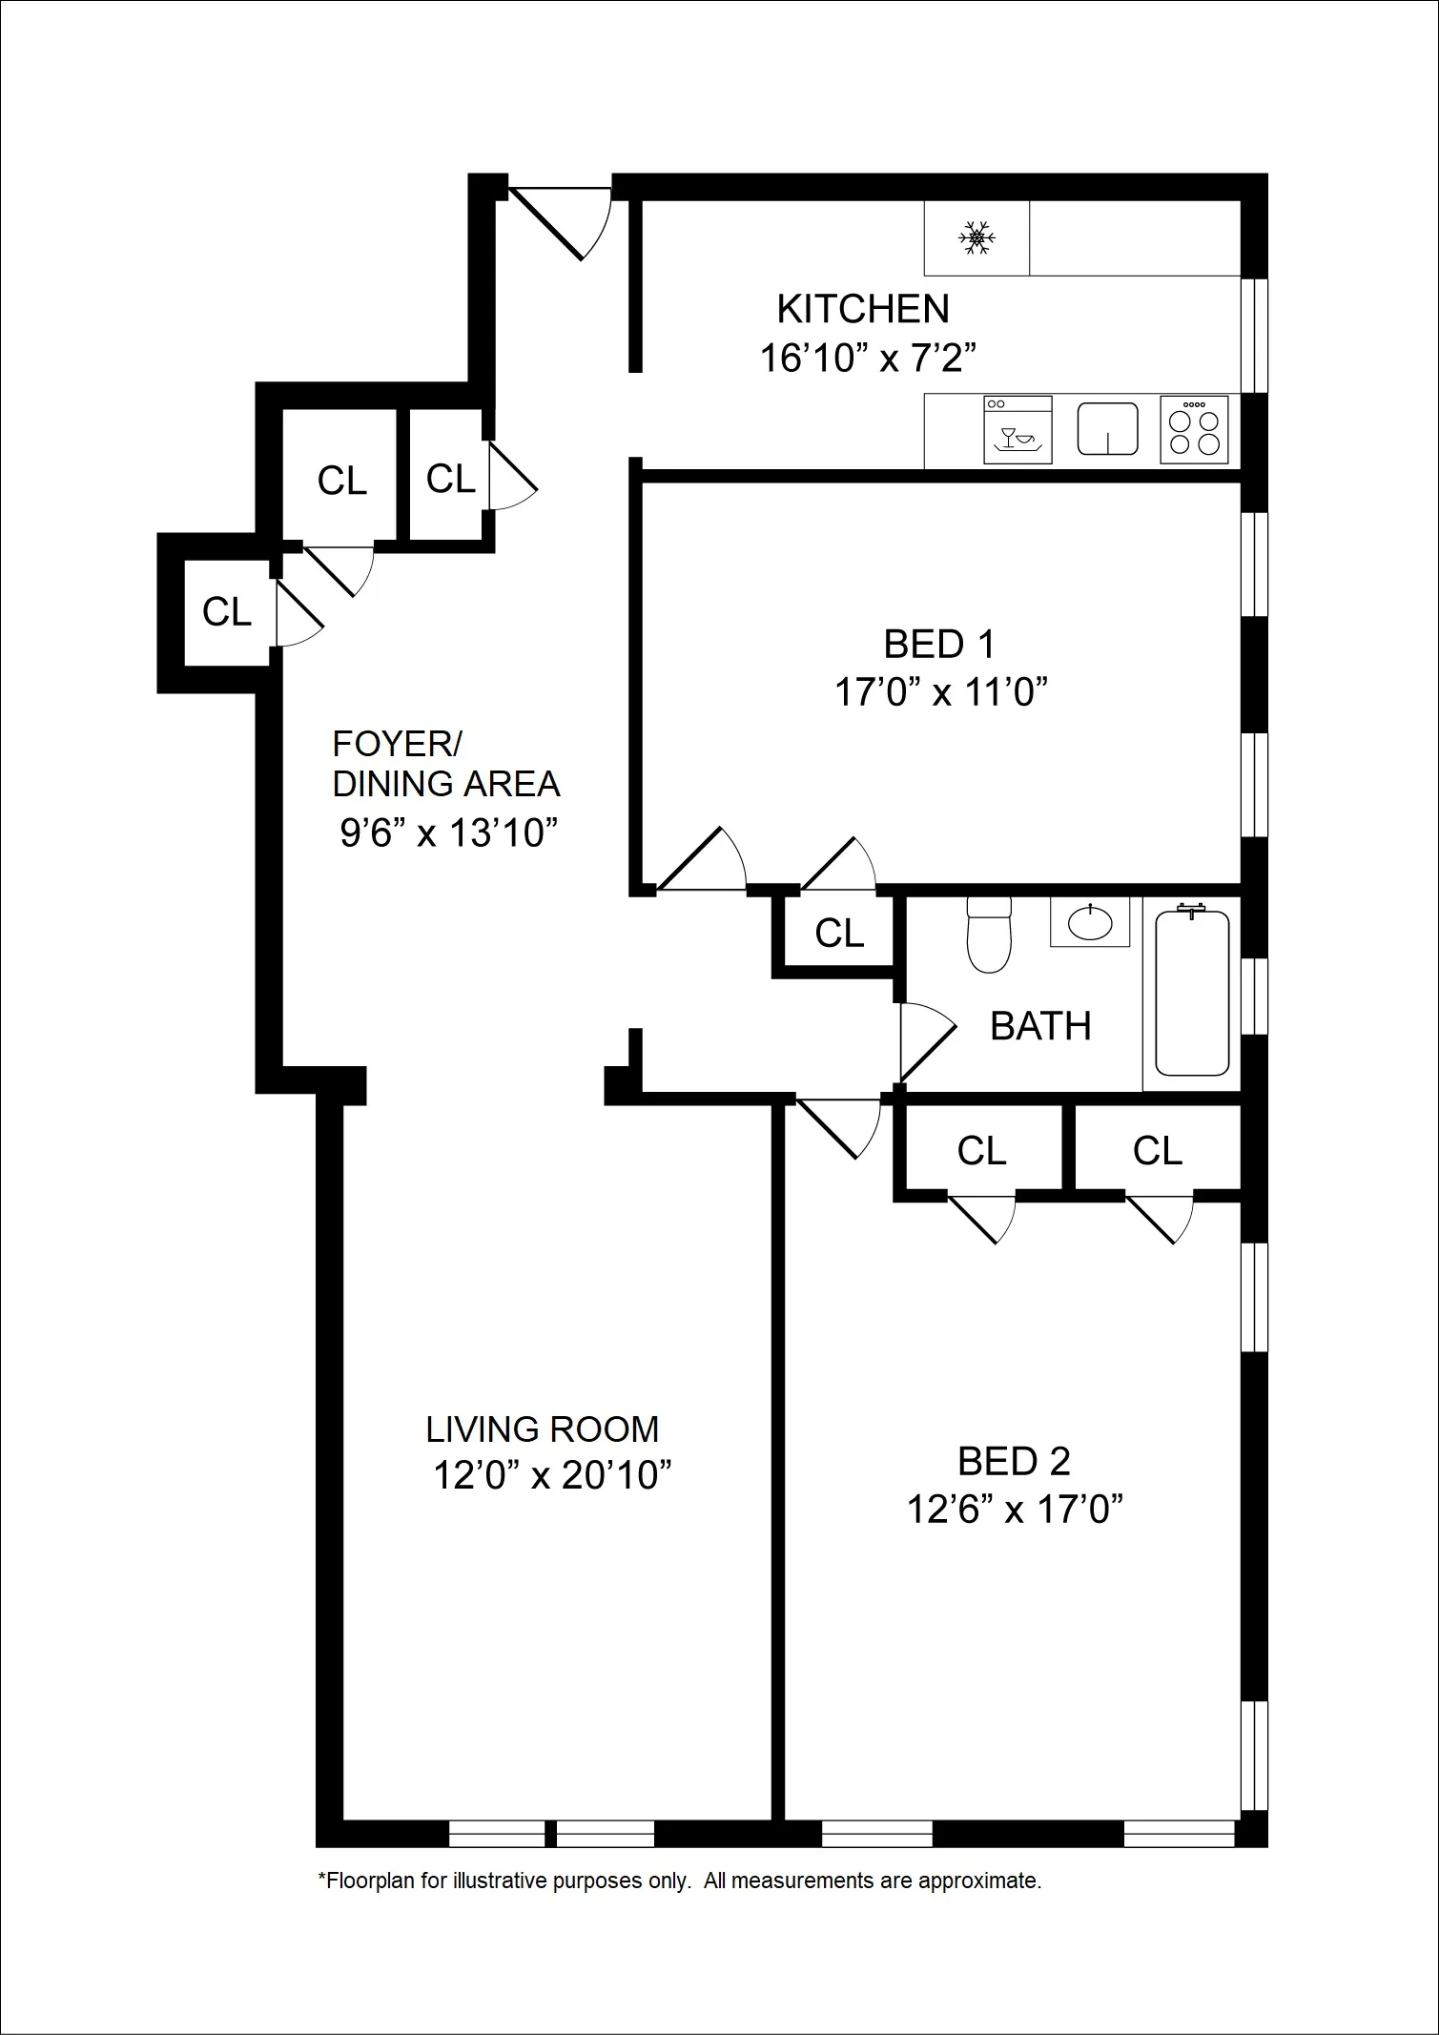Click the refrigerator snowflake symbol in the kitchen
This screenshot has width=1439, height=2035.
976,237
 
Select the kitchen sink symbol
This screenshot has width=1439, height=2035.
1108,428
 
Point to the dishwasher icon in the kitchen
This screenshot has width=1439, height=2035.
1018,431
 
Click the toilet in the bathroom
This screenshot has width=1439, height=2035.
989,936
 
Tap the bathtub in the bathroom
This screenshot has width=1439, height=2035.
1192,993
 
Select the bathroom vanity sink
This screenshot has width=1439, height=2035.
1090,922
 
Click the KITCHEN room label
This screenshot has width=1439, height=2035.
863,310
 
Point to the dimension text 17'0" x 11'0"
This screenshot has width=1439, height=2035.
941,692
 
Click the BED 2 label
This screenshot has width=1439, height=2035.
1014,1461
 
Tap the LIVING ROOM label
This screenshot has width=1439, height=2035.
542,1429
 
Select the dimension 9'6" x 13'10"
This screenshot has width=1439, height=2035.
448,833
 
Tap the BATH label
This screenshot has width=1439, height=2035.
1040,1027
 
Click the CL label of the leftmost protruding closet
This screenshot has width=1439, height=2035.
227,612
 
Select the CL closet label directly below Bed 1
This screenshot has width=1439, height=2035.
839,934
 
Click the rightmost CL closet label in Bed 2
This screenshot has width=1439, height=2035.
1158,1152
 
